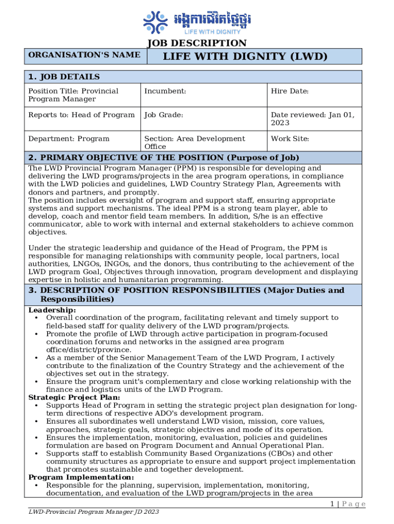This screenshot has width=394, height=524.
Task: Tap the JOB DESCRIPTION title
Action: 197,43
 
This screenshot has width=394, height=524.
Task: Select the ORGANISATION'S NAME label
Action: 84,55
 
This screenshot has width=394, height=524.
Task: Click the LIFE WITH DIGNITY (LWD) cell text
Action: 245,56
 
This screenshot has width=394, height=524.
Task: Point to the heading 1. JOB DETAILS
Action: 64,77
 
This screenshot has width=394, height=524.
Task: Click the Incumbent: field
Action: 165,91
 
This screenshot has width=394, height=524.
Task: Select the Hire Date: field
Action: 290,91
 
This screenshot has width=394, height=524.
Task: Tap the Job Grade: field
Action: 164,115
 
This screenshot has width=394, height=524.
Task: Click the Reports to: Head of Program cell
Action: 81,115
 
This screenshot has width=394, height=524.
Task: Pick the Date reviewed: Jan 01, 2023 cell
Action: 312,119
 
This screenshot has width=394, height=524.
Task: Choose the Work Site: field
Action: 290,139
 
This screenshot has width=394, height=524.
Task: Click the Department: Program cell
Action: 69,139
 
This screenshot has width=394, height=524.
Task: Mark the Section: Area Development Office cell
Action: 194,142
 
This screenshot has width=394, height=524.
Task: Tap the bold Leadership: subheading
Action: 52,310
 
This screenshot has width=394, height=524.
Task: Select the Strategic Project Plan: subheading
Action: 74,398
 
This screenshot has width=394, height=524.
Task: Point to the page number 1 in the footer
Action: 332,504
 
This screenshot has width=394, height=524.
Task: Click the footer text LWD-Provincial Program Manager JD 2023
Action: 94,512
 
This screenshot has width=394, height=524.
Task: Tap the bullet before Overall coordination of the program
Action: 38,318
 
